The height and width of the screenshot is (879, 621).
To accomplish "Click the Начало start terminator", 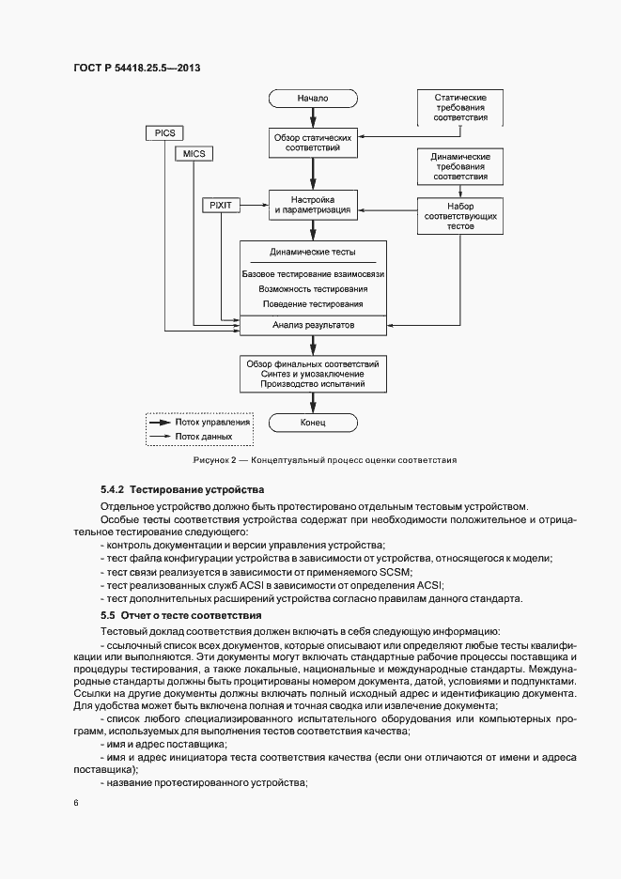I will tap(313, 97).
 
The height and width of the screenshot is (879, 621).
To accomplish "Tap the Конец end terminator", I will tap(313, 424).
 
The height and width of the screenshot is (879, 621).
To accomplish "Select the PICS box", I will tap(165, 133).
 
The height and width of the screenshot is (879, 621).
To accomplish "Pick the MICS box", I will tap(194, 153).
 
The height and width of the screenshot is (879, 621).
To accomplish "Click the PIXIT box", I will tap(222, 203).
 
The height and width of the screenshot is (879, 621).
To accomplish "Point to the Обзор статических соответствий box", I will tap(313, 143).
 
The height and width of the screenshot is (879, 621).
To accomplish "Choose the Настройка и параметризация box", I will tap(313, 206).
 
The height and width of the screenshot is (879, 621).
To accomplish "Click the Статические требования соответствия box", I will tap(459, 108).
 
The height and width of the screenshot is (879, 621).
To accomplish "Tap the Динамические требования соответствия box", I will tap(459, 165).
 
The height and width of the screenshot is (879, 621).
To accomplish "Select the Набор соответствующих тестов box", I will tap(459, 215).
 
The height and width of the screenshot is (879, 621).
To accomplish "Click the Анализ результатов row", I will tap(313, 325).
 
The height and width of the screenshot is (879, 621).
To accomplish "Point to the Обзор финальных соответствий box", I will tap(313, 373).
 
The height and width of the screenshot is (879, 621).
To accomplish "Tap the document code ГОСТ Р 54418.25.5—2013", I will tap(136, 68).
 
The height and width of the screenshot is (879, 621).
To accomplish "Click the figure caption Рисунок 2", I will tap(324, 460).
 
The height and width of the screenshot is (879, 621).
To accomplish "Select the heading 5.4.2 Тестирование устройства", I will tap(182, 489).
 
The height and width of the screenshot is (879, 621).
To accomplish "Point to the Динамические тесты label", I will tap(313, 253).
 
